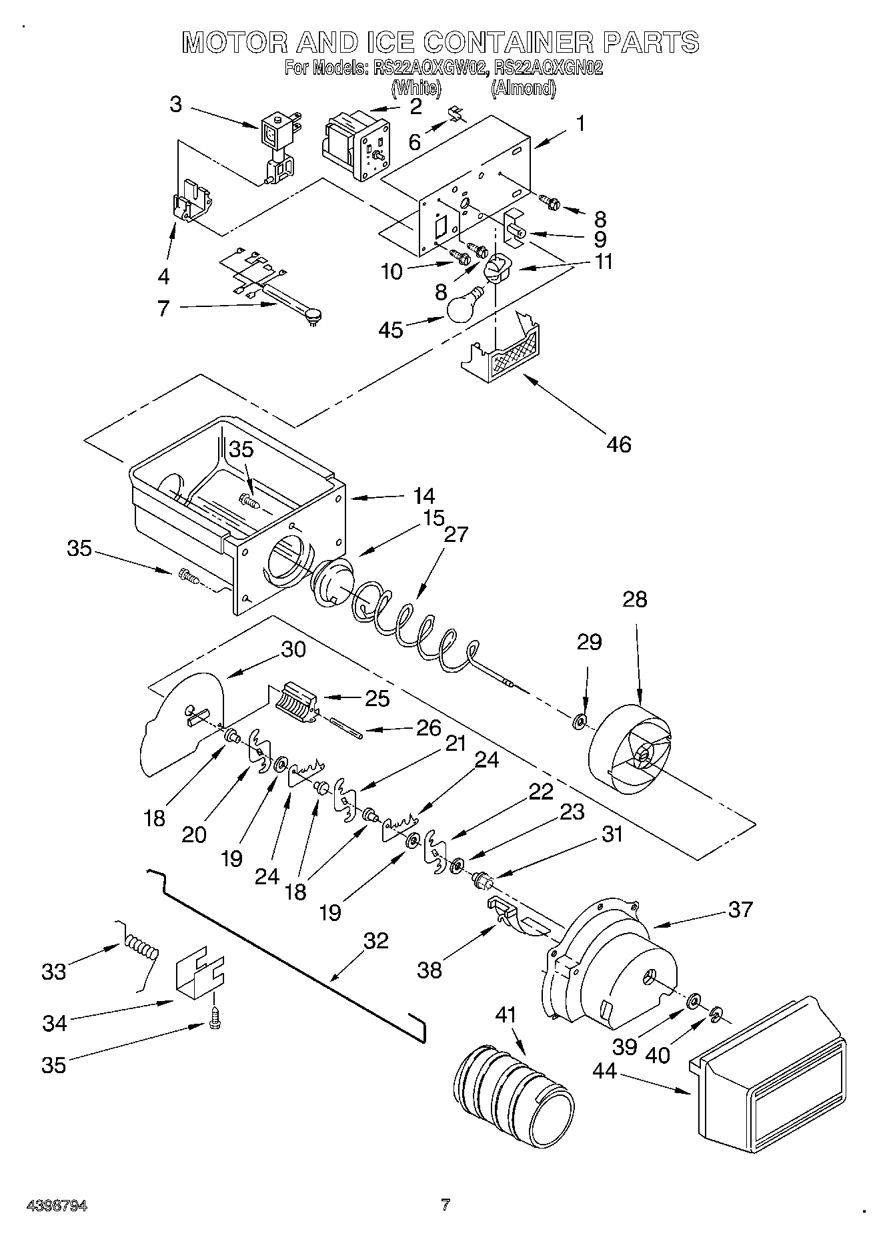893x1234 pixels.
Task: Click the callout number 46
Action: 618,444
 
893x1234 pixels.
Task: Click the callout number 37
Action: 740,909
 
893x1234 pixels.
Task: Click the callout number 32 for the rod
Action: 376,940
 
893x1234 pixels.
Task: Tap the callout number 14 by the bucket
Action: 423,497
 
